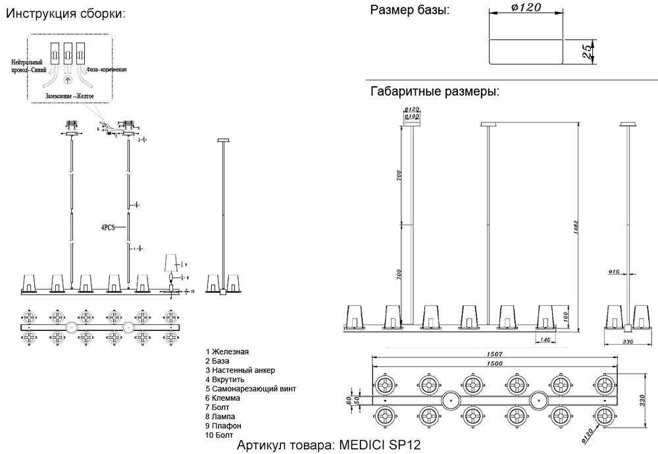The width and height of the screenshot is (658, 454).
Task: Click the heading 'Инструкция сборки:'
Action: click(64, 13)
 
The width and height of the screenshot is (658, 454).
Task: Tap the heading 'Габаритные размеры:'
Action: click(435, 91)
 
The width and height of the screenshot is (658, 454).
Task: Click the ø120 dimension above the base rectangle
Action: click(526, 7)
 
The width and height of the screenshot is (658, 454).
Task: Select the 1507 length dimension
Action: click(495, 354)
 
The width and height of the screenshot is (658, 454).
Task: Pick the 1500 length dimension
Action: click(495, 364)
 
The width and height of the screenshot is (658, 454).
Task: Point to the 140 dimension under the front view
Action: click(544, 340)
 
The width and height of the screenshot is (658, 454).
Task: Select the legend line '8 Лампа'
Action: click(221, 416)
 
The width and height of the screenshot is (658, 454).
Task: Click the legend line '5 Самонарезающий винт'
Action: click(251, 389)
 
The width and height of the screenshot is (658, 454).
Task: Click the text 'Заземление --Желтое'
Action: click(70, 96)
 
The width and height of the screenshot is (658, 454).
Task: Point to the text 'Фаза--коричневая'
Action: click(107, 68)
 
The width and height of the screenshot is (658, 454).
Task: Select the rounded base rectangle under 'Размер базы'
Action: click(526, 51)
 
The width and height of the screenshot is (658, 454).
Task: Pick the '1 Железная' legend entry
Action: click(227, 352)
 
